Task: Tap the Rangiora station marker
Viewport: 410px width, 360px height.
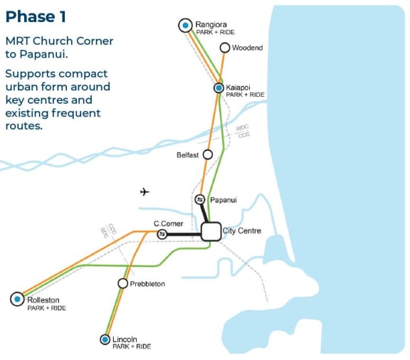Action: point(185,26)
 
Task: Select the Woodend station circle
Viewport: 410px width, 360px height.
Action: point(225,48)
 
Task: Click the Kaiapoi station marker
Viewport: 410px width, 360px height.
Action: point(219,88)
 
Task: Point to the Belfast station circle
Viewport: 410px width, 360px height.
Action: point(208,154)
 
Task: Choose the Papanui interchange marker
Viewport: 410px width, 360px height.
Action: point(200,200)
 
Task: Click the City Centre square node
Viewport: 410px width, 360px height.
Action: point(210,231)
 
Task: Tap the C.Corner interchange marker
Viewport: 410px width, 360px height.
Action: point(162,233)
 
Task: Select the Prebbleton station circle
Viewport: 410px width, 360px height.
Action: point(122,283)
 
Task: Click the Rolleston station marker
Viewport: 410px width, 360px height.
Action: point(17,300)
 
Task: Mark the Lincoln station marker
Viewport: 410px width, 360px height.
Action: point(105,339)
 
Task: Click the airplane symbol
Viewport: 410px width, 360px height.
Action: point(145,191)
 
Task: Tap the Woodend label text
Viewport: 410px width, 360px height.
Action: point(247,48)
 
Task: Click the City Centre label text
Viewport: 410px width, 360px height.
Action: point(242,231)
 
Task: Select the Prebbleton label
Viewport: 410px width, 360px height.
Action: point(147,284)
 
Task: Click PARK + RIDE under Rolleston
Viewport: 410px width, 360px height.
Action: point(46,308)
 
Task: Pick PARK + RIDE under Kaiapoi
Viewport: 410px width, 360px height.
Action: point(245,95)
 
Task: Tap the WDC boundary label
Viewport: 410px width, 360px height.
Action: point(243,128)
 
